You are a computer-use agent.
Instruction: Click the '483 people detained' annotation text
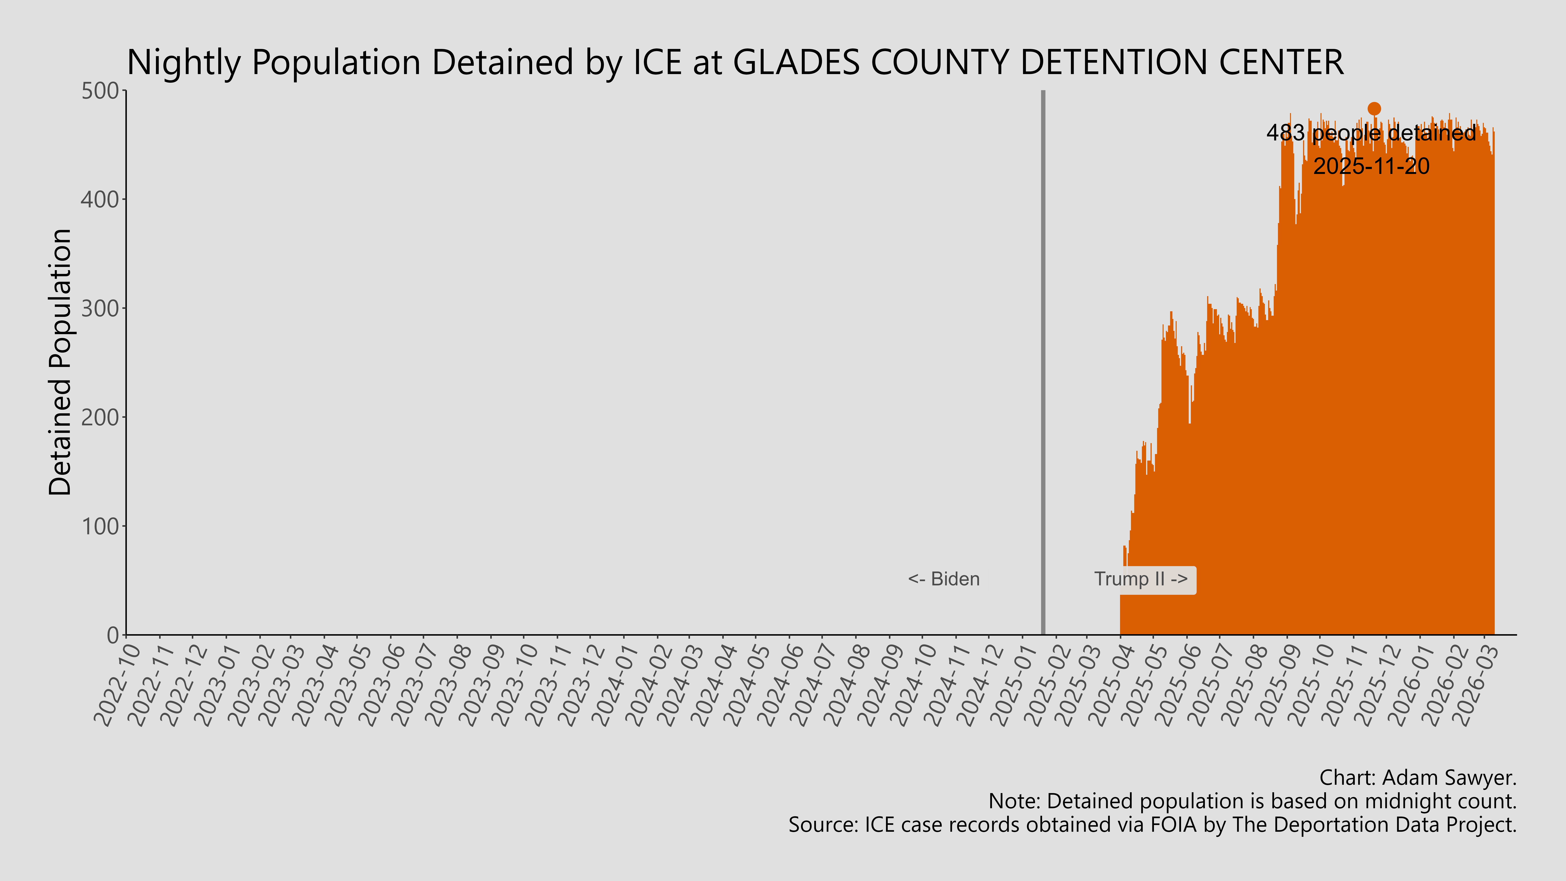pyautogui.click(x=1371, y=133)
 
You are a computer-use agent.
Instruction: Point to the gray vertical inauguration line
pyautogui.click(x=1043, y=365)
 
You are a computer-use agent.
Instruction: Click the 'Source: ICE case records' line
pyautogui.click(x=1152, y=825)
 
